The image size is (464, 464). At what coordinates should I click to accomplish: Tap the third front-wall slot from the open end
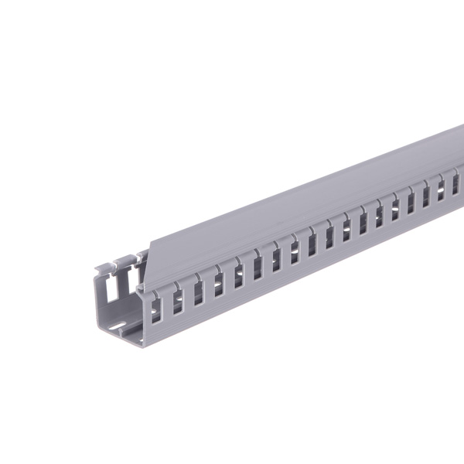[198, 288]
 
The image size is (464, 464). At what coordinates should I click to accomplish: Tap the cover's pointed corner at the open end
[139, 290]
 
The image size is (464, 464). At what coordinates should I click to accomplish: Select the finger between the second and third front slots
[188, 293]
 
